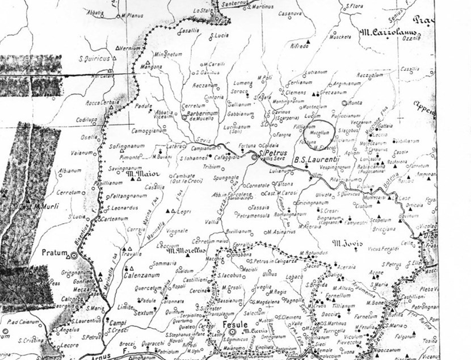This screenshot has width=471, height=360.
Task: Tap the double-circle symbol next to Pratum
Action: (74, 256)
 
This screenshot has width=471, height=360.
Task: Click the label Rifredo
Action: (298, 45)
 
